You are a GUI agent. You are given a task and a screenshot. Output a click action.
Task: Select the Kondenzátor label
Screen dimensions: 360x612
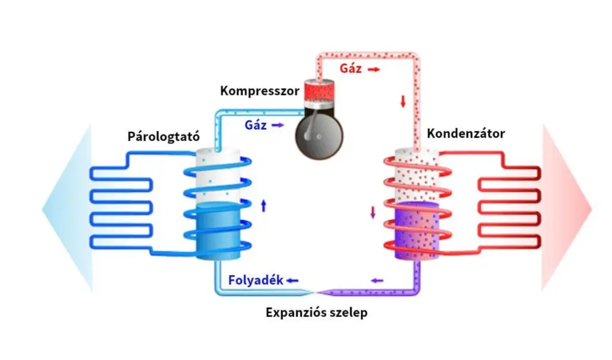(466, 133)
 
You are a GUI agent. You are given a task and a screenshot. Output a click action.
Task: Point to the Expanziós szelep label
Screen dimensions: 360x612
(316, 313)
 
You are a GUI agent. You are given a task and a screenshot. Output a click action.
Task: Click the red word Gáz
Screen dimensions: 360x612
(351, 69)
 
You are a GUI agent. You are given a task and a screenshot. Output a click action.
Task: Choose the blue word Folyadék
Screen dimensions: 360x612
(255, 280)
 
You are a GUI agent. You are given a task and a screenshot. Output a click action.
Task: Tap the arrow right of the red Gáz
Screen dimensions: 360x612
(374, 69)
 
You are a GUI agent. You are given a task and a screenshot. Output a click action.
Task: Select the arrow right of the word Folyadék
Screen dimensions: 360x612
(292, 280)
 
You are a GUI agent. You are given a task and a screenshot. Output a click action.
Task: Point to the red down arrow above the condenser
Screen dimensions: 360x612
(403, 101)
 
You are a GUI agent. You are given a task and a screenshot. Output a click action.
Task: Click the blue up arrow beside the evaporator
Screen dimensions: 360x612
(264, 206)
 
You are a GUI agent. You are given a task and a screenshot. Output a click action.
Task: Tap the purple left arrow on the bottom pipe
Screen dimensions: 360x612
(378, 280)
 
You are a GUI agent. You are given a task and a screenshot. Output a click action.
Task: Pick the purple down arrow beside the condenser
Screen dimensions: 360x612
(374, 212)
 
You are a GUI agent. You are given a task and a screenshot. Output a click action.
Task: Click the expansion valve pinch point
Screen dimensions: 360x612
(315, 291)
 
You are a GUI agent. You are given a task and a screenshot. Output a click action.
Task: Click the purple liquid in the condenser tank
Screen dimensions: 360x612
(417, 230)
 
